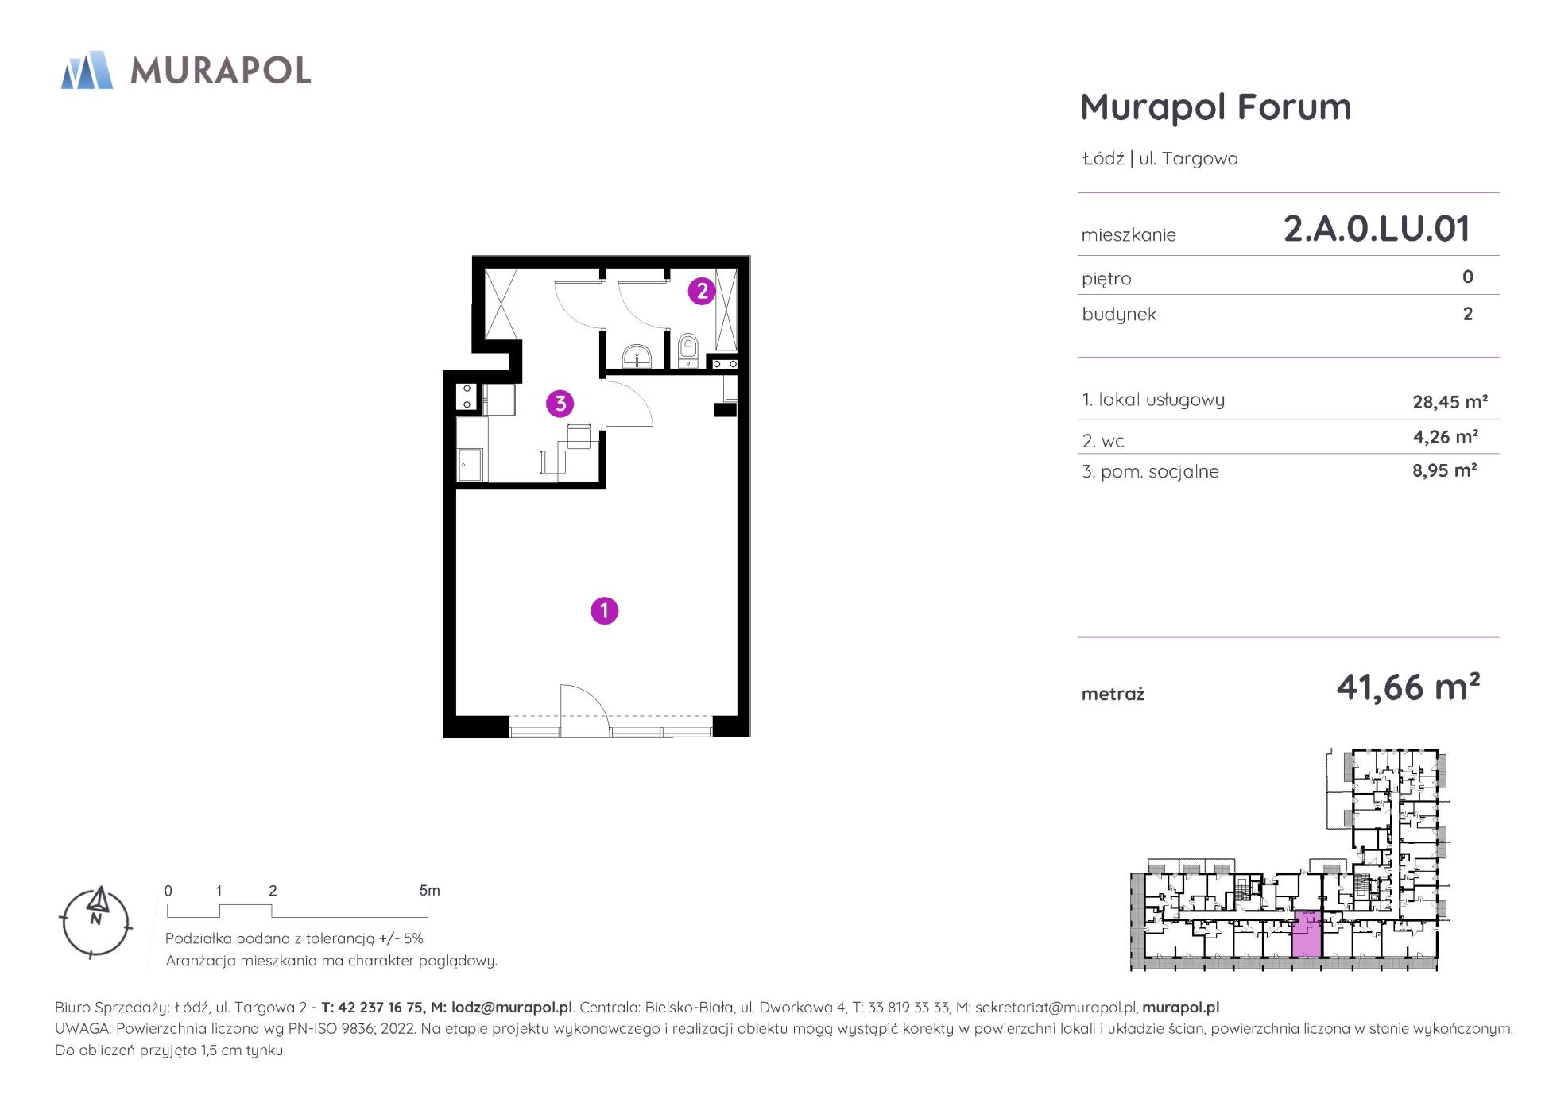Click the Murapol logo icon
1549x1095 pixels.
coord(87,70)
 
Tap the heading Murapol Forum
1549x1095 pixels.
coord(1215,106)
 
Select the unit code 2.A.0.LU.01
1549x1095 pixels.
coord(1377,229)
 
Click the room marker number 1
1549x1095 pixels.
coord(604,610)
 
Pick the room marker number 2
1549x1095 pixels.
coord(701,291)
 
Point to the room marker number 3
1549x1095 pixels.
coord(560,404)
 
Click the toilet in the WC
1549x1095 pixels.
coord(687,350)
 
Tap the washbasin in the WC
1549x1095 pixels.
coord(636,356)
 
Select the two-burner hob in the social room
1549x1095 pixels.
coord(467,397)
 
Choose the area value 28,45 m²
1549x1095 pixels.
coord(1450,401)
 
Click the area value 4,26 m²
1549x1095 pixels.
coord(1445,436)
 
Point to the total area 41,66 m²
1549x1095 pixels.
coord(1408,687)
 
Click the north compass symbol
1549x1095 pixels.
coord(95,922)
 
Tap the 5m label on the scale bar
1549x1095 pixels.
coord(429,891)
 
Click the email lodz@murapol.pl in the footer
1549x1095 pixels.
coord(511,1008)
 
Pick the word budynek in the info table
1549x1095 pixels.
coord(1119,315)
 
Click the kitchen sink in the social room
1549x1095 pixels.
coord(471,464)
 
